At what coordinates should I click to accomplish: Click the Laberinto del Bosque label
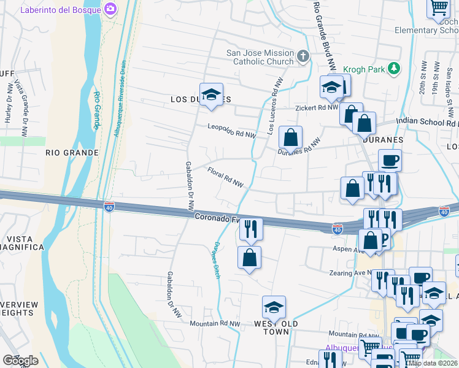tap(61, 10)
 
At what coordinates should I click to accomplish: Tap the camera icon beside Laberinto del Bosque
tap(110, 9)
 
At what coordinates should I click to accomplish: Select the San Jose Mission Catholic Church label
tap(260, 57)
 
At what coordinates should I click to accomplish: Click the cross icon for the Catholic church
tap(303, 57)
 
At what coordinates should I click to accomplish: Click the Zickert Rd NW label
tap(317, 107)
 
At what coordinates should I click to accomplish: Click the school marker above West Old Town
tap(274, 307)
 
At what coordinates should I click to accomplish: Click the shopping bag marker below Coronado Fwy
tap(249, 258)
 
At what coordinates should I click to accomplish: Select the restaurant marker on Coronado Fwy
tap(250, 229)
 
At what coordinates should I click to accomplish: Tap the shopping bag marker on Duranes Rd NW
tap(290, 137)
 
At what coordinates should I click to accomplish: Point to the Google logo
tap(20, 361)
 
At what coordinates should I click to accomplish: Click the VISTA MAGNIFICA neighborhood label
tap(22, 241)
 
